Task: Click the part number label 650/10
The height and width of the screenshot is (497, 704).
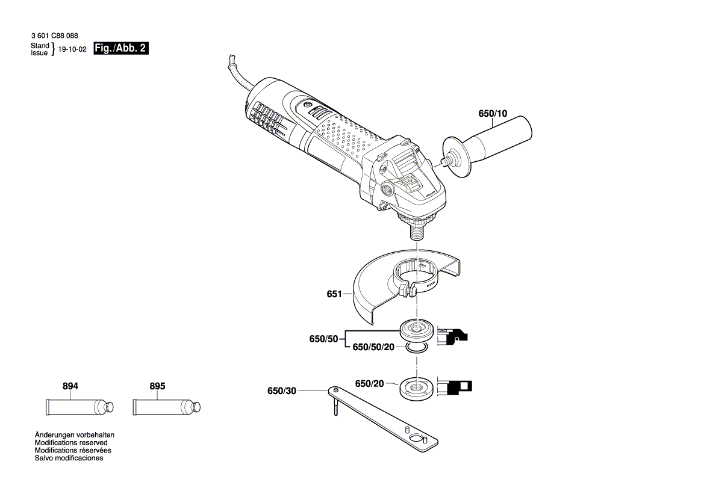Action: pyautogui.click(x=493, y=113)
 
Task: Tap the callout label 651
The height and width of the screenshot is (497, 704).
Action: pyautogui.click(x=335, y=294)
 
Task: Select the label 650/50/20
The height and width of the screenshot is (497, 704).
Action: pyautogui.click(x=373, y=347)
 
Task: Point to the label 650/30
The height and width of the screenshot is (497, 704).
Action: pyautogui.click(x=282, y=391)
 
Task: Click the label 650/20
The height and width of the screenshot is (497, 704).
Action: pyautogui.click(x=369, y=383)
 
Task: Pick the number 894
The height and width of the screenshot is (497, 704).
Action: pyautogui.click(x=70, y=386)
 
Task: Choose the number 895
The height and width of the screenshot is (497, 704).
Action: pyautogui.click(x=157, y=386)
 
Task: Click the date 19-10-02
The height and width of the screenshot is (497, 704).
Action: pyautogui.click(x=72, y=52)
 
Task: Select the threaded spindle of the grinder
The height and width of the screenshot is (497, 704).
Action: pyautogui.click(x=416, y=230)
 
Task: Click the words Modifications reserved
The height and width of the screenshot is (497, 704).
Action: pyautogui.click(x=70, y=442)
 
